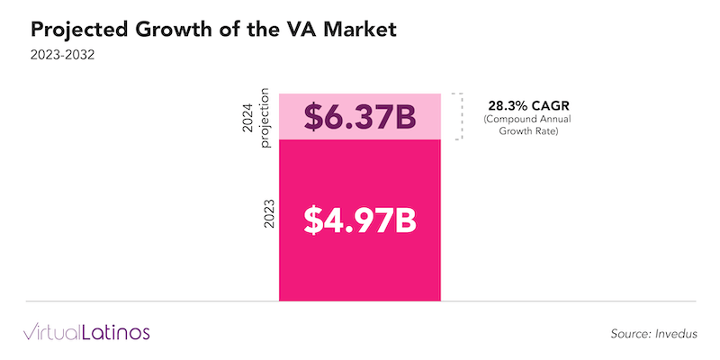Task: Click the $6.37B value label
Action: [360, 117]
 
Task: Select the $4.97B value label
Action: [360, 220]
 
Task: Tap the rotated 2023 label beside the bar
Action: [267, 220]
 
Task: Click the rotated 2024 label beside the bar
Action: [251, 117]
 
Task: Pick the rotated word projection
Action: [265, 117]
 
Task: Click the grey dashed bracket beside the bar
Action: [458, 116]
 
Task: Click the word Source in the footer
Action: [629, 334]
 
